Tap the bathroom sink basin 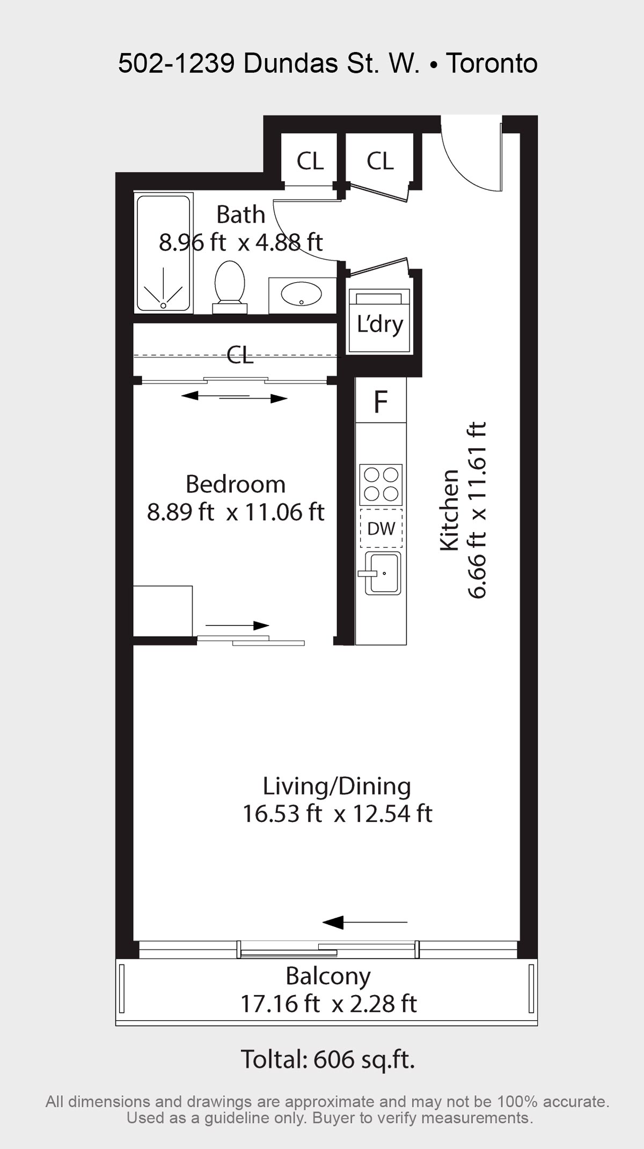click(302, 294)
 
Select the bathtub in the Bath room click(163, 253)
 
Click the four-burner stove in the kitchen click(381, 484)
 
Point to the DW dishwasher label click(381, 528)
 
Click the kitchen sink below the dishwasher click(382, 573)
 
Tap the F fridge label click(380, 401)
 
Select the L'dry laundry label click(380, 324)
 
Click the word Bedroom click(236, 484)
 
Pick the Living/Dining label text click(337, 786)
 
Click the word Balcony click(328, 976)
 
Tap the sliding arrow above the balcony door click(365, 922)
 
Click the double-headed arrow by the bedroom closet click(235, 397)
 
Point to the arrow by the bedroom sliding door click(237, 625)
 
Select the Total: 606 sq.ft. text click(328, 1059)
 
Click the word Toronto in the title click(492, 63)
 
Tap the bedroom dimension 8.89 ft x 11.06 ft click(236, 512)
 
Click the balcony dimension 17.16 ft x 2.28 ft click(328, 1004)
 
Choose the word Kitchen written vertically click(450, 510)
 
